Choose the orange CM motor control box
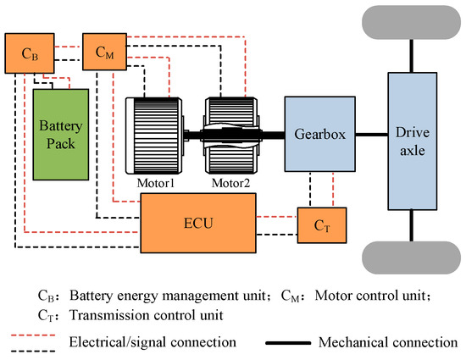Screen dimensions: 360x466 (104, 53)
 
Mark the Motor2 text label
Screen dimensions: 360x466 (227, 181)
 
